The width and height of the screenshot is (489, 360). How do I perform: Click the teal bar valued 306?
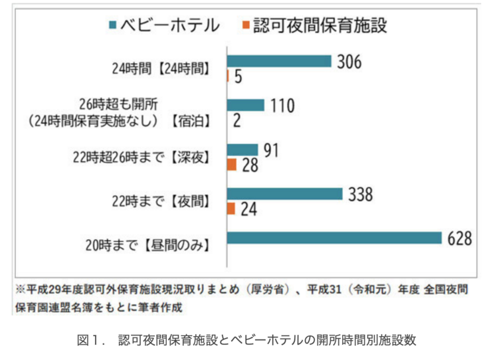pyautogui.click(x=279, y=61)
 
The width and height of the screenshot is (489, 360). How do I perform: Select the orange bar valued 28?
pyautogui.click(x=232, y=164)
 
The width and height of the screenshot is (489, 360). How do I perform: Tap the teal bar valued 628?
pyautogui.click(x=334, y=238)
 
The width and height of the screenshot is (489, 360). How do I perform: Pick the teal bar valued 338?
pyautogui.click(x=285, y=194)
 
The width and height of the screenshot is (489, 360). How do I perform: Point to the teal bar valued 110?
pyautogui.click(x=246, y=105)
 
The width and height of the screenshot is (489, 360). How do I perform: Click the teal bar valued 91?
pyautogui.click(x=243, y=149)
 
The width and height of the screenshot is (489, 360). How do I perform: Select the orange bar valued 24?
pyautogui.click(x=231, y=209)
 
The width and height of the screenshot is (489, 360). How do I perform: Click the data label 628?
pyautogui.click(x=458, y=238)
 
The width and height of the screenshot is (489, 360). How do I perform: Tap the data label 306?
pyautogui.click(x=348, y=62)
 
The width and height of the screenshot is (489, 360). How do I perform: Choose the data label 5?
pyautogui.click(x=238, y=76)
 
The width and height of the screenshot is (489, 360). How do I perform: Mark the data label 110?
pyautogui.click(x=281, y=106)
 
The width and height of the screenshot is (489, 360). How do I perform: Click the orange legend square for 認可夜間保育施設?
pyautogui.click(x=246, y=25)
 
